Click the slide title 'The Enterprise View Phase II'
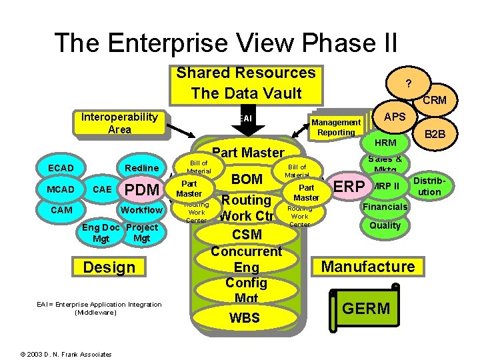[226, 43]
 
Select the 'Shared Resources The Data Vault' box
[245, 83]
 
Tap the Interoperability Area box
[119, 123]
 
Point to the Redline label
[142, 168]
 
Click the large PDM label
[143, 190]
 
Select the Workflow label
[141, 210]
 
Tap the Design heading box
[109, 267]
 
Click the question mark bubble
[408, 83]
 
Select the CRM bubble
[433, 101]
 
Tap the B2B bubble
[436, 135]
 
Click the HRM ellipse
[385, 143]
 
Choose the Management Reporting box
[337, 127]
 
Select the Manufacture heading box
[368, 267]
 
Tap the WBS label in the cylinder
[245, 319]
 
